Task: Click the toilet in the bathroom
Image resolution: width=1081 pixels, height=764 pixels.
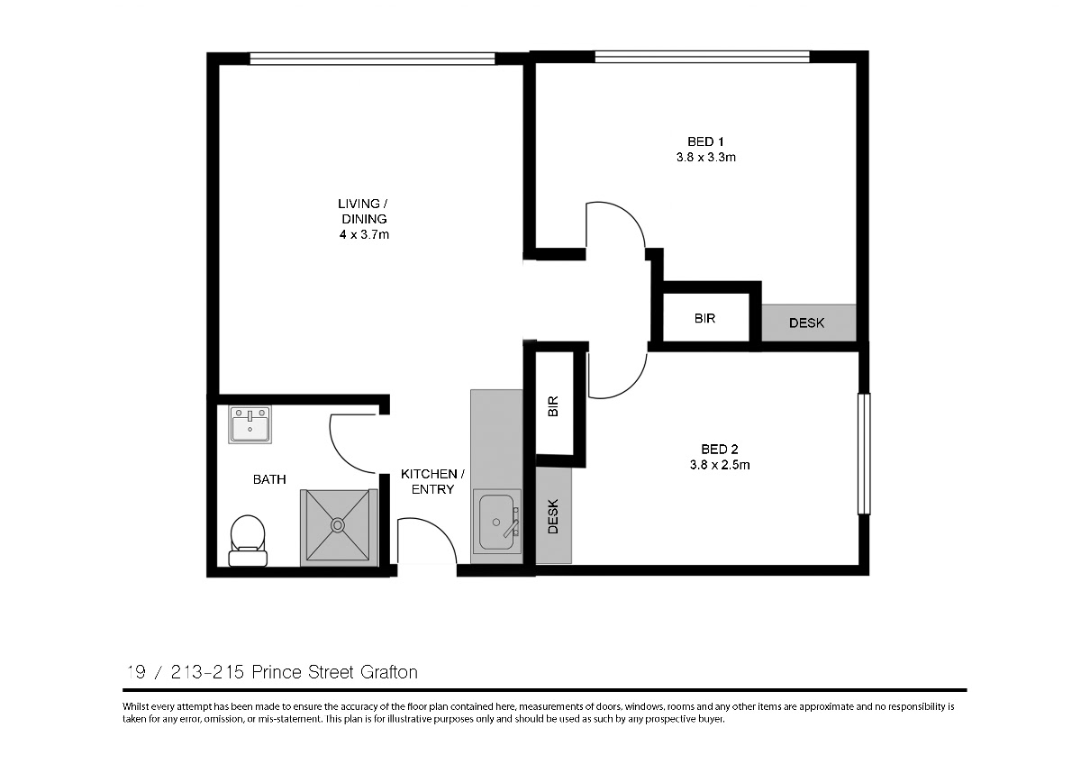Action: [x=248, y=541]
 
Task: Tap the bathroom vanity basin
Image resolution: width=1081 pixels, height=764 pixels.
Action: [x=250, y=424]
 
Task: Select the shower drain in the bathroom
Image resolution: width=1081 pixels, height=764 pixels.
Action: [x=338, y=524]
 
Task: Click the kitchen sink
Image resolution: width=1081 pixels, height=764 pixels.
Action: [x=497, y=522]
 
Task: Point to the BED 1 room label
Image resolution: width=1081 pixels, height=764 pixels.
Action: [x=705, y=141]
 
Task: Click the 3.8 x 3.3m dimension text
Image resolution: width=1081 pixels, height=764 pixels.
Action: [x=705, y=158]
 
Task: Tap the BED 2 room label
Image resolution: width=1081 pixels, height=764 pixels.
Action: [x=720, y=450]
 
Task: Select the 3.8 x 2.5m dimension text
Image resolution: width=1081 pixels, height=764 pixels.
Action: [x=720, y=465]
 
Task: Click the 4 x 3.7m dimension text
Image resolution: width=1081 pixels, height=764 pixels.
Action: [x=364, y=235]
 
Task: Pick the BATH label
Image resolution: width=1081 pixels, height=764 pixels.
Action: [x=269, y=479]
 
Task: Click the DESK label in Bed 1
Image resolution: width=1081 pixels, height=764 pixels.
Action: [x=806, y=323]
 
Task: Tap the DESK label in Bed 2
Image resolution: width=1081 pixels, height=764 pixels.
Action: [x=553, y=516]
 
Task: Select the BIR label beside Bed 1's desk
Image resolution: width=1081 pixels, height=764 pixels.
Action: [x=704, y=319]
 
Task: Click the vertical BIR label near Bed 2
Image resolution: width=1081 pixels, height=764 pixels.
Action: [x=553, y=406]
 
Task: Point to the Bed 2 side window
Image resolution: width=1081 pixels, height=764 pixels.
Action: [x=864, y=454]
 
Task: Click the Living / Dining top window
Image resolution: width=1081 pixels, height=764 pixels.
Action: [x=372, y=59]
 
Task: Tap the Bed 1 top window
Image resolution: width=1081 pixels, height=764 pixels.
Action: [x=702, y=57]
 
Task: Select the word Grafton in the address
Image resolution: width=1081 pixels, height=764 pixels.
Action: [x=389, y=672]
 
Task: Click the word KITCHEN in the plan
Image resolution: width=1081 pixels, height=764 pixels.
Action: [x=429, y=474]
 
